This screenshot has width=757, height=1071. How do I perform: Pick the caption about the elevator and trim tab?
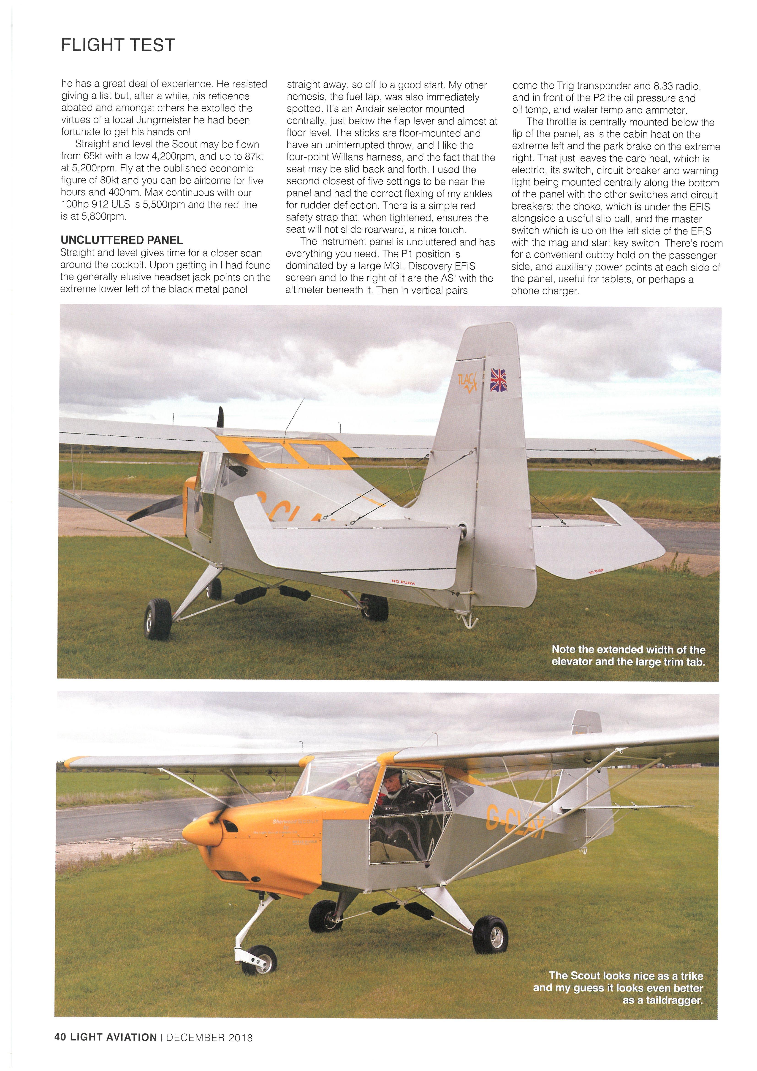[x=628, y=655]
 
